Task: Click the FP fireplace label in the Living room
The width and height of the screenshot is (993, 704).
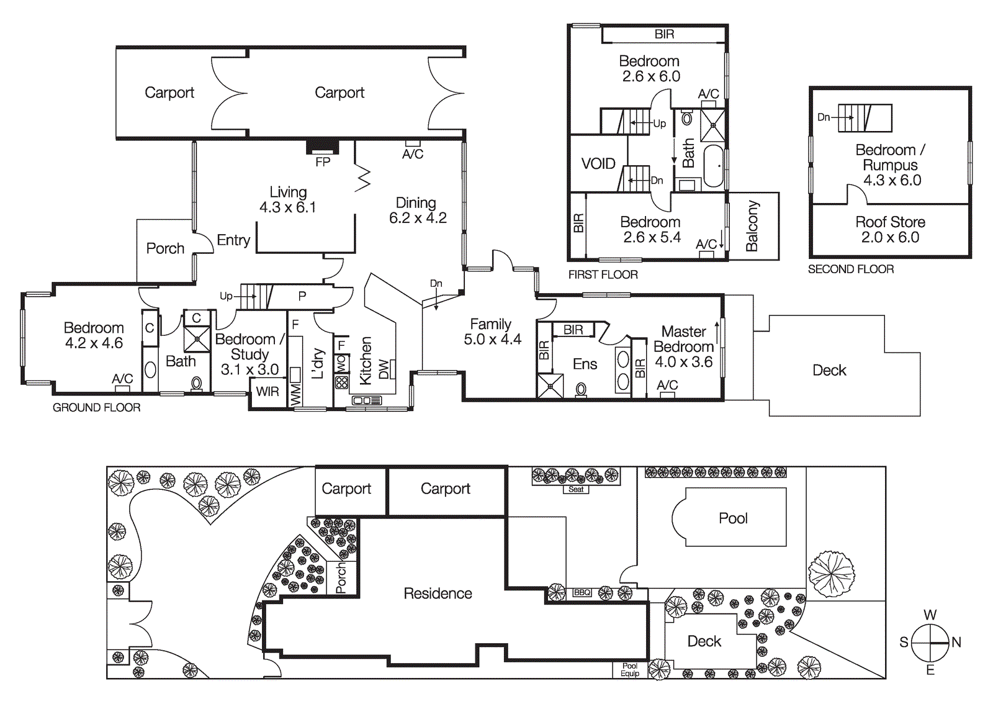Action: [x=323, y=162]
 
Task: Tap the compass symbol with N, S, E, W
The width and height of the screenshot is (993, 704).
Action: [x=930, y=643]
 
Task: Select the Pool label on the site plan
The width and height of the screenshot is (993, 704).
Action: [x=733, y=518]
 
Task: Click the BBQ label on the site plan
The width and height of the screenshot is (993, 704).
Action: [x=582, y=592]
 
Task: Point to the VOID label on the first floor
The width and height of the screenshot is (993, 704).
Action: [x=598, y=164]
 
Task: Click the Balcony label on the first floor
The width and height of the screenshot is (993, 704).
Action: [x=752, y=226]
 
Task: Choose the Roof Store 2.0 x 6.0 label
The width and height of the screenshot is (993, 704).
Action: [x=890, y=230]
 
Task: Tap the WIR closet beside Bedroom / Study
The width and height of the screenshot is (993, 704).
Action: [x=267, y=392]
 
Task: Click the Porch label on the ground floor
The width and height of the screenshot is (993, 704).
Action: [x=165, y=248]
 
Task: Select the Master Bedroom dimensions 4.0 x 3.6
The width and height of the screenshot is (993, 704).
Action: [x=683, y=362]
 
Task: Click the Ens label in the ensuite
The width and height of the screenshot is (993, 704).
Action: [x=585, y=364]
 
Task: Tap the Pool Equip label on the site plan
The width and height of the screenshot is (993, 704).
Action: [x=629, y=670]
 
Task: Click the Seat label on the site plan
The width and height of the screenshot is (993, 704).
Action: [x=576, y=489]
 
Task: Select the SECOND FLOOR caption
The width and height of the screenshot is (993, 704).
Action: [x=850, y=269]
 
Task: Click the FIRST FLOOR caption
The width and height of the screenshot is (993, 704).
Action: [x=603, y=274]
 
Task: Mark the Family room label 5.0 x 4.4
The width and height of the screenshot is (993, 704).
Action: [x=491, y=332]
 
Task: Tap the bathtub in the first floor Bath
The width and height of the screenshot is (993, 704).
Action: [x=714, y=166]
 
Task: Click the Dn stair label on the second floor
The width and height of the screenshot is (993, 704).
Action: [x=824, y=117]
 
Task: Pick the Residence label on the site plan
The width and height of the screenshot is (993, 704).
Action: [x=438, y=593]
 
